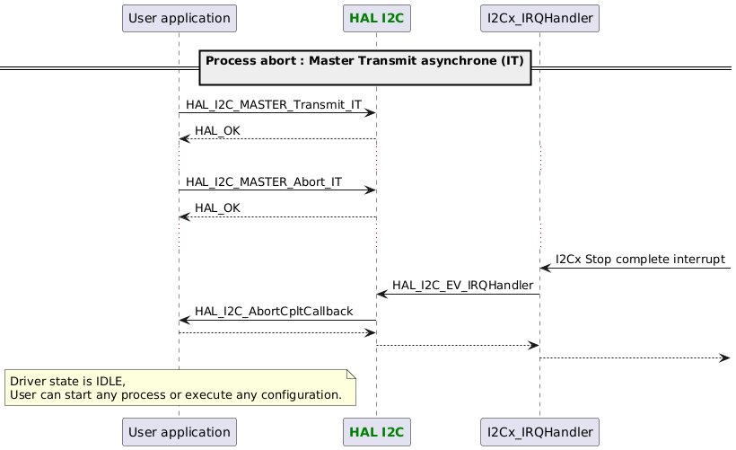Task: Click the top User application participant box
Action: (x=179, y=17)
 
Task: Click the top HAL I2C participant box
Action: (x=376, y=17)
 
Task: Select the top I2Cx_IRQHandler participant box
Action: (x=539, y=17)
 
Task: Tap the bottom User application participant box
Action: (x=179, y=432)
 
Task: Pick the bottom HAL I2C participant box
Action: (x=376, y=432)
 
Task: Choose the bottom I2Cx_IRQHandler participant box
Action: (x=539, y=432)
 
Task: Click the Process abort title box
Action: (x=365, y=67)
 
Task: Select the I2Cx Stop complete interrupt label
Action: (x=640, y=260)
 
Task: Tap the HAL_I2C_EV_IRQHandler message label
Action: (x=462, y=286)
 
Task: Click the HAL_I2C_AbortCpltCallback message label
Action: (x=274, y=312)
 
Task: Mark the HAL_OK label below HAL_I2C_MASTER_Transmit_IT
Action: (x=217, y=131)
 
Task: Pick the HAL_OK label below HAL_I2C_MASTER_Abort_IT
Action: (x=217, y=208)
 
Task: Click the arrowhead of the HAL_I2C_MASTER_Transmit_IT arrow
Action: (x=370, y=113)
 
